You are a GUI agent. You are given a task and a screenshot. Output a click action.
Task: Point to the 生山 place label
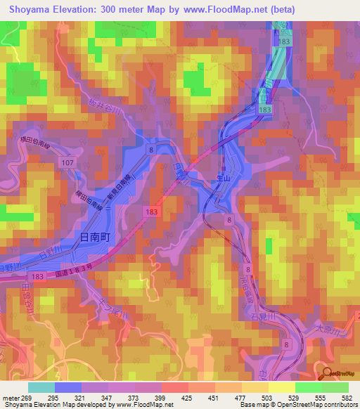tap(224, 181)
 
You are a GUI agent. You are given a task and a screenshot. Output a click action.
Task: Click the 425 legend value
tap(188, 398)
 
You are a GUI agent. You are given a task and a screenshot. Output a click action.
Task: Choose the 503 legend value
tap(268, 398)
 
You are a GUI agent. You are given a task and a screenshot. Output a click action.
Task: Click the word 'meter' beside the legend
tap(11, 398)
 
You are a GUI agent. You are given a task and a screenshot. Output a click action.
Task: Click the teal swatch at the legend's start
tap(41, 387)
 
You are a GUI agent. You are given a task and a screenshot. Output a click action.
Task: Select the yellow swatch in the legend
tap(282, 387)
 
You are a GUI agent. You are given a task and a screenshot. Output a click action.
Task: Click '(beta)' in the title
tap(281, 9)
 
